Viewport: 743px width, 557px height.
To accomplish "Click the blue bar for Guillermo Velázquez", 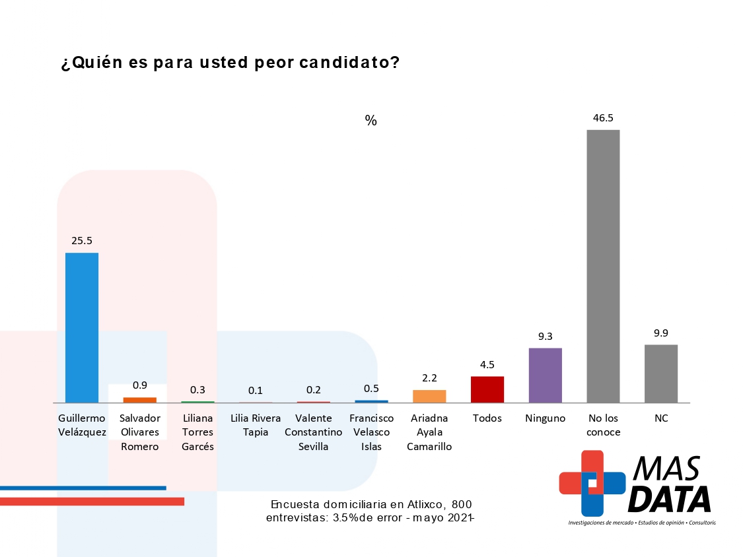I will pos(82,327).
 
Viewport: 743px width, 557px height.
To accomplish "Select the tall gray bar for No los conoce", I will pos(603,266).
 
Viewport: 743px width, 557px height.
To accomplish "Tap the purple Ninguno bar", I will pos(546,375).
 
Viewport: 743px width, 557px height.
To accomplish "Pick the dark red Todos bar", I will pos(487,389).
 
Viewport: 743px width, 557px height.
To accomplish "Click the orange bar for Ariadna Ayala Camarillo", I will pos(429,396).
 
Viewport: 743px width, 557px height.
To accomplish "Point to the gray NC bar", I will pos(661,374).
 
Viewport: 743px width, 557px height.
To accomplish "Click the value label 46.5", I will pos(603,118).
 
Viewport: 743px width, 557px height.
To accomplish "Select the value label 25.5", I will pos(82,241).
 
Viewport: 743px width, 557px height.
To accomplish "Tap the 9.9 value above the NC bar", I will pos(661,333).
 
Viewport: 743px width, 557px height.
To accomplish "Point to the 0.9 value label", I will pos(139,385).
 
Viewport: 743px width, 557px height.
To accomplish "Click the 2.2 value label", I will pos(429,377).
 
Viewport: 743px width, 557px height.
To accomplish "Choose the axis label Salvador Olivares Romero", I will pos(139,432).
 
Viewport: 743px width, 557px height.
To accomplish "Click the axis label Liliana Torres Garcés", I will pos(197,432).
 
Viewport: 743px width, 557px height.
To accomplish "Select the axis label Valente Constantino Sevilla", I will pos(313,432).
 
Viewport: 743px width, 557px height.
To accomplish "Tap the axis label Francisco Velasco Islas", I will pos(371,432).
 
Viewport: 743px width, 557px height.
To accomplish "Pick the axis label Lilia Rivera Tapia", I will pos(256,425).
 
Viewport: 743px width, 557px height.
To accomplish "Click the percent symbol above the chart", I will pos(371,121).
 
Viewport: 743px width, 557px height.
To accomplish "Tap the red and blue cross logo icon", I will pos(592,482).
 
